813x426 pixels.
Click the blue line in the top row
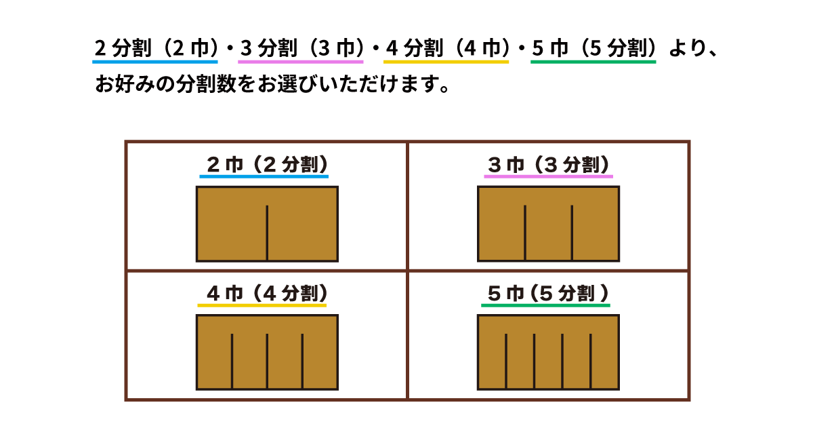(x=155, y=62)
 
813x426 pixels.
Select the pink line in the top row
(x=301, y=62)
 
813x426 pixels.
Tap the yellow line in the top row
(x=446, y=62)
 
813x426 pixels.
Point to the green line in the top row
(x=593, y=62)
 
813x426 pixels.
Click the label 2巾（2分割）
(x=268, y=164)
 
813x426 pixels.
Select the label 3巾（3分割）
(x=549, y=164)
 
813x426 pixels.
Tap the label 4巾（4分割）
(x=268, y=293)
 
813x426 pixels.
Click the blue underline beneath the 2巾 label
(x=264, y=176)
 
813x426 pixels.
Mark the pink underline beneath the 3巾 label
(x=548, y=176)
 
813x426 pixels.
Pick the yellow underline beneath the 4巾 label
(x=262, y=305)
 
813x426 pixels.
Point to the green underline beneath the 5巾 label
(x=545, y=305)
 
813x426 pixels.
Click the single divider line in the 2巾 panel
(x=267, y=232)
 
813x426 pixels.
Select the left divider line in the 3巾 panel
(x=525, y=232)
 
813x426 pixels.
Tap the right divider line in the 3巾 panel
(x=572, y=232)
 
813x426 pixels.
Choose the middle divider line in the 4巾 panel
(x=267, y=361)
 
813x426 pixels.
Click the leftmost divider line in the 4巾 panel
(x=232, y=361)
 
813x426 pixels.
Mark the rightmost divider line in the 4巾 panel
(x=302, y=361)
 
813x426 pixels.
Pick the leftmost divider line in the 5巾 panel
(x=505, y=361)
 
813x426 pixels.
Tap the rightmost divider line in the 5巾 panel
(x=591, y=361)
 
